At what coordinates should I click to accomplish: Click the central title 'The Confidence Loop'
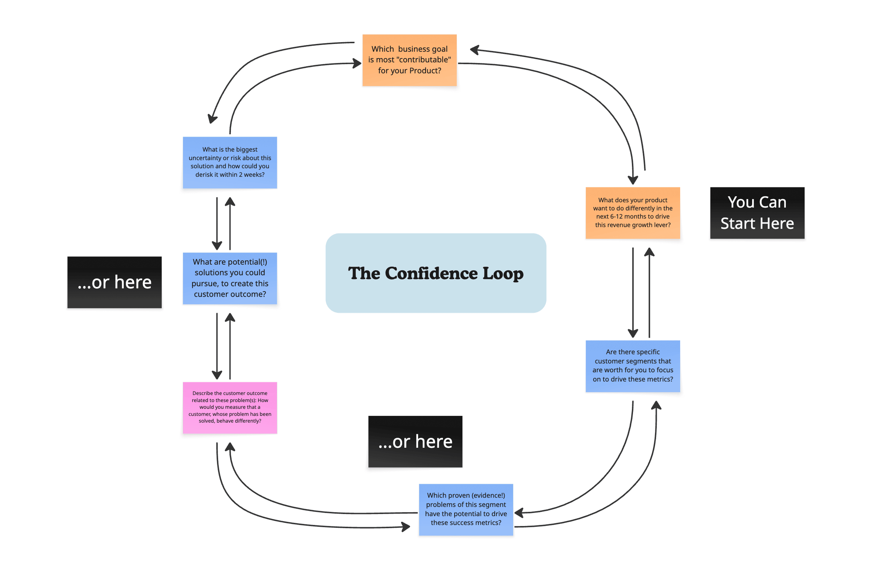click(x=435, y=273)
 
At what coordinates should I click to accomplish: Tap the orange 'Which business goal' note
click(x=409, y=60)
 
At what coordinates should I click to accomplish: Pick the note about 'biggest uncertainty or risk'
click(x=230, y=162)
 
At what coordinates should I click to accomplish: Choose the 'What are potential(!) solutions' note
click(x=230, y=278)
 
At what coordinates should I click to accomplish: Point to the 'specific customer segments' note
click(x=633, y=366)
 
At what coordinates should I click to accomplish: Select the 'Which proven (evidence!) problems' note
click(x=465, y=509)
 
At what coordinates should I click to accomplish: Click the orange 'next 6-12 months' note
click(x=633, y=213)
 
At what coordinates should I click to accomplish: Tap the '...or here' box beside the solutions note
click(x=114, y=282)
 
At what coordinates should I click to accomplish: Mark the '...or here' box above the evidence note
click(x=415, y=441)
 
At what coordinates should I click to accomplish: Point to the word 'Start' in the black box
click(x=737, y=223)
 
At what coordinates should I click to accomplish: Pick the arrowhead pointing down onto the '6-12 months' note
click(x=633, y=180)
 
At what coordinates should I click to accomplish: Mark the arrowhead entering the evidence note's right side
click(x=519, y=513)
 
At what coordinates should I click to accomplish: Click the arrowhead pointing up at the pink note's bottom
click(x=230, y=446)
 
